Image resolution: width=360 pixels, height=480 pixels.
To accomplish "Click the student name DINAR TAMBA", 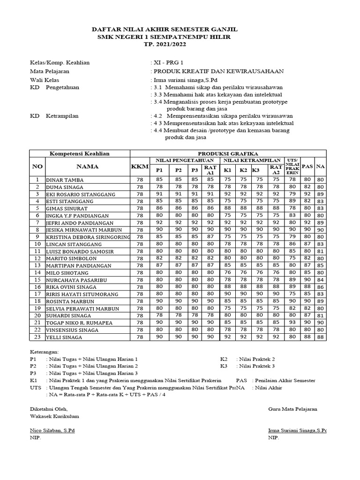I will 65,180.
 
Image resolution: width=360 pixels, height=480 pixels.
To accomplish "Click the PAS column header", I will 307,166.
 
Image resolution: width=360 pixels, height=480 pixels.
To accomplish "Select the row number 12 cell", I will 37,258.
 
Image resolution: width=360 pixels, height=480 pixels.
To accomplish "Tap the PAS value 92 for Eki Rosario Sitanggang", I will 307,194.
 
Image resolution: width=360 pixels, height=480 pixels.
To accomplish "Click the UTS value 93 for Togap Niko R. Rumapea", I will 292,322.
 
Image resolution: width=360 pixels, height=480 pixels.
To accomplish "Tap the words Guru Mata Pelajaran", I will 292,409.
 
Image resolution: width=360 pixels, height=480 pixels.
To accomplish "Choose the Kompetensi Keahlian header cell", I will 80,153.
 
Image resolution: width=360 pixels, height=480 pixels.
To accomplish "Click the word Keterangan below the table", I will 45,351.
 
